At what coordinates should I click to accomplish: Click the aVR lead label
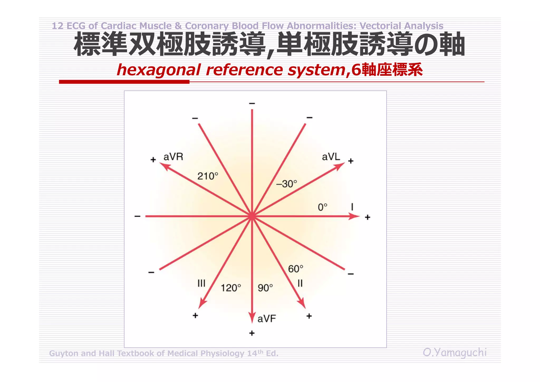point(173,157)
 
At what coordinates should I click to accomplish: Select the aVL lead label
point(331,157)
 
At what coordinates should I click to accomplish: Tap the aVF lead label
point(267,319)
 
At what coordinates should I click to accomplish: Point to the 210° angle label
point(208,176)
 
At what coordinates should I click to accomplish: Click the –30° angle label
point(286,184)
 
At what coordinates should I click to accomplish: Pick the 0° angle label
point(322,207)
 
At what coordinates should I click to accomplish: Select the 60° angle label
point(296,269)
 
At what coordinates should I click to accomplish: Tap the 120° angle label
point(231,288)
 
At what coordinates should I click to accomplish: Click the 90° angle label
point(265,288)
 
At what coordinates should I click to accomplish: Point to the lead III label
point(201,283)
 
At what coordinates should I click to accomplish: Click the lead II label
point(300,283)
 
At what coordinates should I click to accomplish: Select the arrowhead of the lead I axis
point(354,216)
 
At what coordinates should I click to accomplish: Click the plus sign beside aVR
point(153,160)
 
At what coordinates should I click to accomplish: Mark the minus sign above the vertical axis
point(252,103)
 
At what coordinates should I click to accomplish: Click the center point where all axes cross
point(252,216)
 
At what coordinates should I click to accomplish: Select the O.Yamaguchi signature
point(455,352)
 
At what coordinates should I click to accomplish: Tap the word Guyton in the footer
point(64,353)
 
